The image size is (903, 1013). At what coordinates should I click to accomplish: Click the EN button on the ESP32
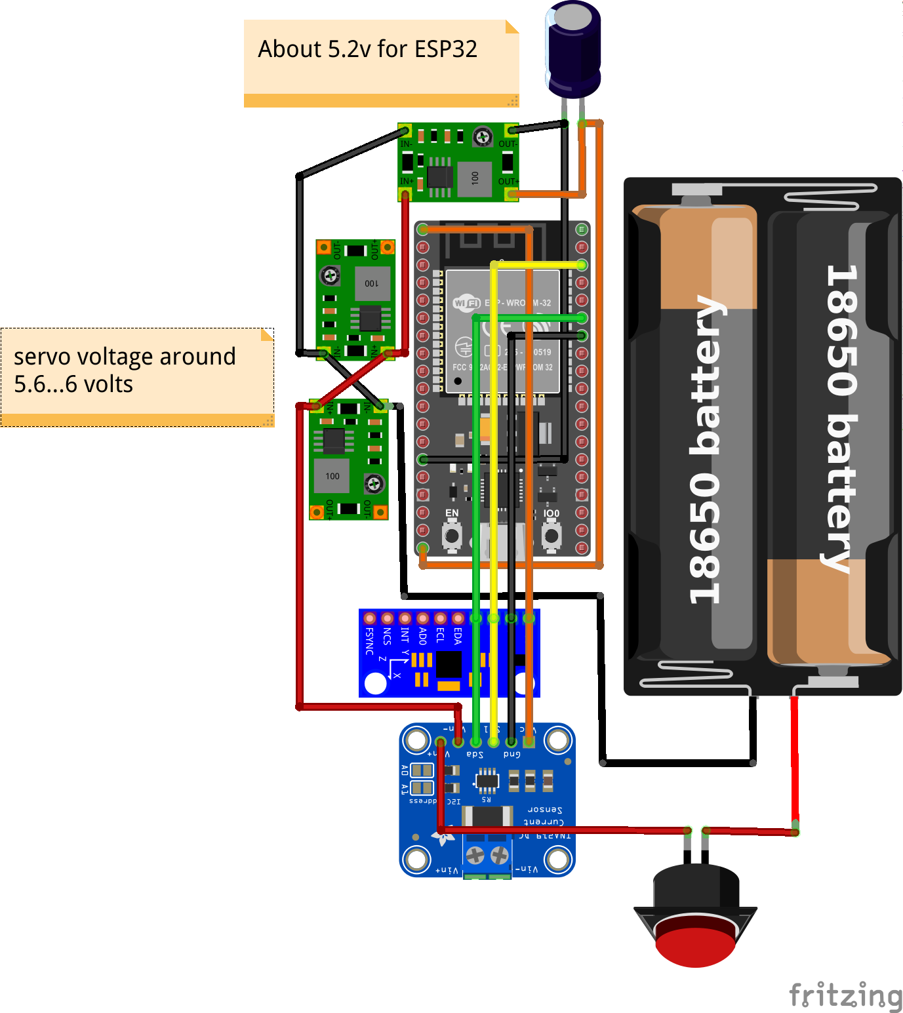click(x=452, y=536)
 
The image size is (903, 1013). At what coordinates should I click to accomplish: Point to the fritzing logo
click(x=845, y=995)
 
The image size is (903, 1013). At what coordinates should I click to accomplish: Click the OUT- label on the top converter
click(x=508, y=144)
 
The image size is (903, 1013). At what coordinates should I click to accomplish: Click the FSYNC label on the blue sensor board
click(x=370, y=641)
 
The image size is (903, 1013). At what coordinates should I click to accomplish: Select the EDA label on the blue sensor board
click(x=458, y=637)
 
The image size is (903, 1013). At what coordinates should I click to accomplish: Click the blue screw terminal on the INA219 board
click(x=487, y=856)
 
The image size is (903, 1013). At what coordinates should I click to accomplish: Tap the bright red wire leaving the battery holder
click(x=794, y=761)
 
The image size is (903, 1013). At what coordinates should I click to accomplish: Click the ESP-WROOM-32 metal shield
click(x=502, y=331)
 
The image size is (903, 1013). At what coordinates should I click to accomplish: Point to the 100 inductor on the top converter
click(x=475, y=178)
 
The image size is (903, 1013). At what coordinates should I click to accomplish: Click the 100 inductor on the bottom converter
click(x=332, y=476)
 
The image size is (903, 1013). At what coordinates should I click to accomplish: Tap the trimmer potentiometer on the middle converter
click(x=331, y=276)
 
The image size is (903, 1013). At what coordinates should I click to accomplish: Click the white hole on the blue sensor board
click(x=375, y=683)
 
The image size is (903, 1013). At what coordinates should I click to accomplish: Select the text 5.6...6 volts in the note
click(x=73, y=384)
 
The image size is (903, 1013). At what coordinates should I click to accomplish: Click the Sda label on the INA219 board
click(x=475, y=755)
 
